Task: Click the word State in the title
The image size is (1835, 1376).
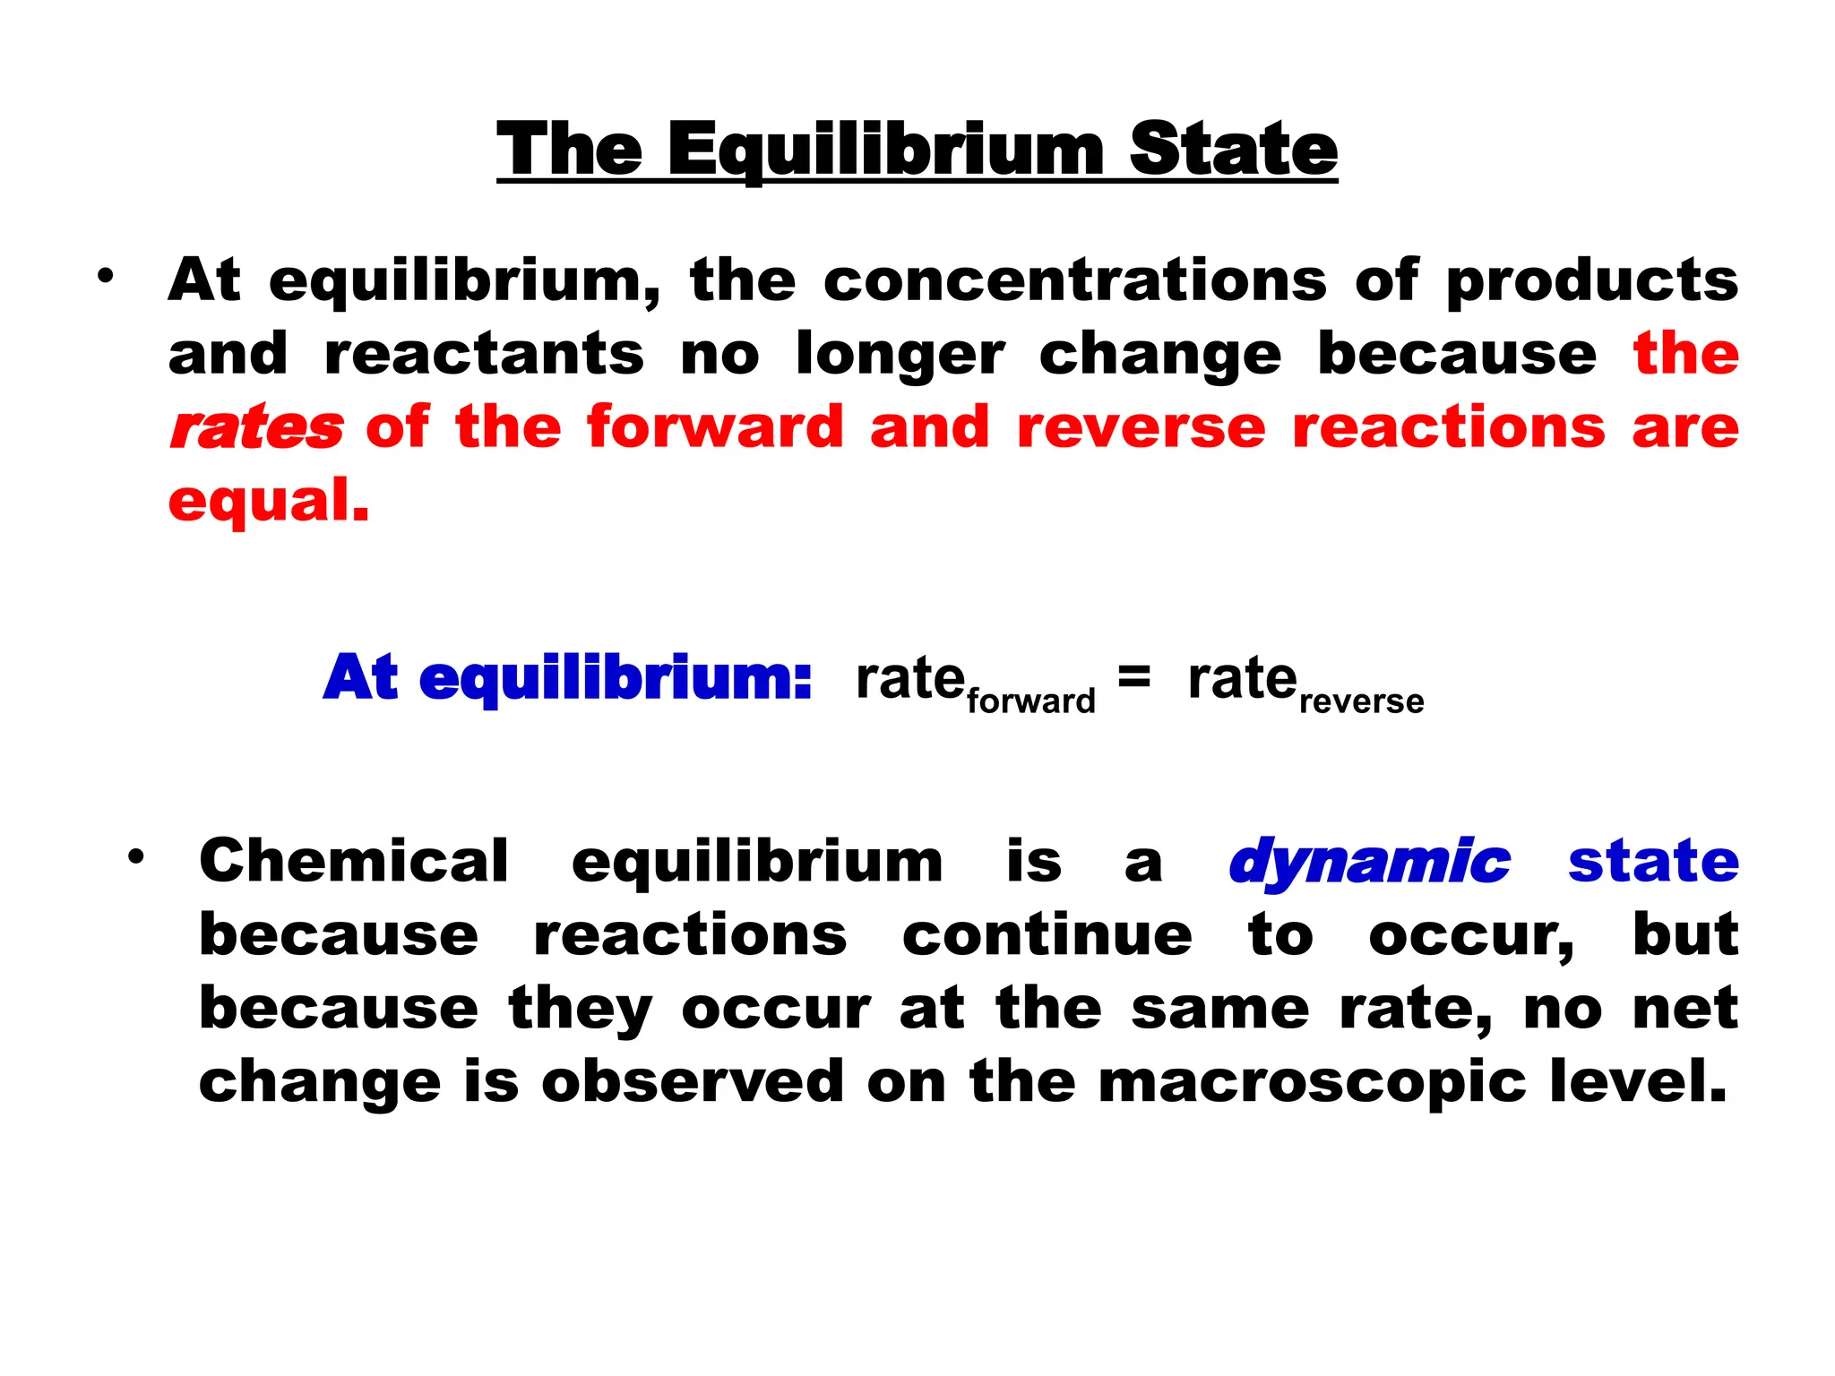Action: tap(1233, 150)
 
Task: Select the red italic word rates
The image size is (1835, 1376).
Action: tap(256, 427)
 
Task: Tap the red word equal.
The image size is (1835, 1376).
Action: tap(268, 503)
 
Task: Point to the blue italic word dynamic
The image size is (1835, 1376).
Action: tap(1369, 862)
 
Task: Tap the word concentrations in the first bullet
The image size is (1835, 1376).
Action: tap(1074, 280)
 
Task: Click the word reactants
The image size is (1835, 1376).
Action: tap(484, 354)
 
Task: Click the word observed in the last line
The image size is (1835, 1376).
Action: tap(693, 1081)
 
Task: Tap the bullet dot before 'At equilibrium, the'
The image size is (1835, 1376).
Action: tap(107, 276)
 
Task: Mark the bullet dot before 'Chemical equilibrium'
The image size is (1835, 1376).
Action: tap(135, 857)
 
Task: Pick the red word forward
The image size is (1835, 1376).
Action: tap(715, 426)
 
